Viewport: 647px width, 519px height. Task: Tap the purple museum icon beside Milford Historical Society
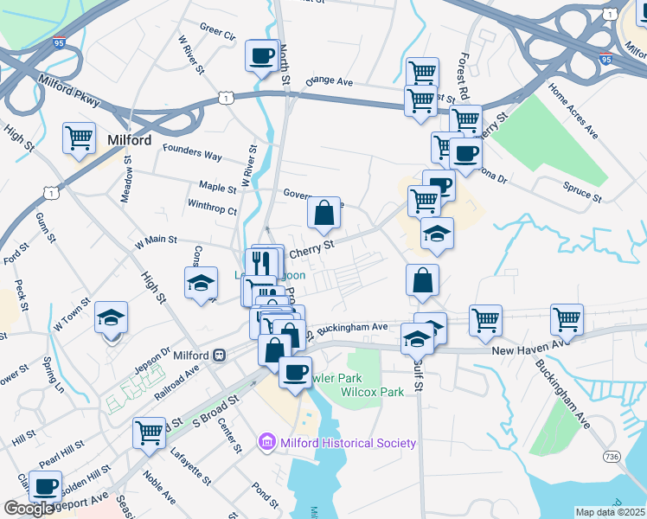(267, 443)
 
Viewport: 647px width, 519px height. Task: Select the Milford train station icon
(221, 355)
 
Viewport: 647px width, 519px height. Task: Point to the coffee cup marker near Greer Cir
(260, 57)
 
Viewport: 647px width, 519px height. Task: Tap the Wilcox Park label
(373, 392)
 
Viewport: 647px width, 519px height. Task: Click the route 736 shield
(613, 456)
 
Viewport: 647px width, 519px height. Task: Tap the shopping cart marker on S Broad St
(150, 432)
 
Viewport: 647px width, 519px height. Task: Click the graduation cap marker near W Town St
(112, 318)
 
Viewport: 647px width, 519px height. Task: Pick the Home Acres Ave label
(574, 111)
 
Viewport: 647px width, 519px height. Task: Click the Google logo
(28, 508)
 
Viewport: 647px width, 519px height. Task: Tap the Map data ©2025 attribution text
(611, 512)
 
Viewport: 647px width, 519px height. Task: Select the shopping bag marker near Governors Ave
(323, 212)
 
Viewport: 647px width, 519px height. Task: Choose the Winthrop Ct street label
(212, 209)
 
